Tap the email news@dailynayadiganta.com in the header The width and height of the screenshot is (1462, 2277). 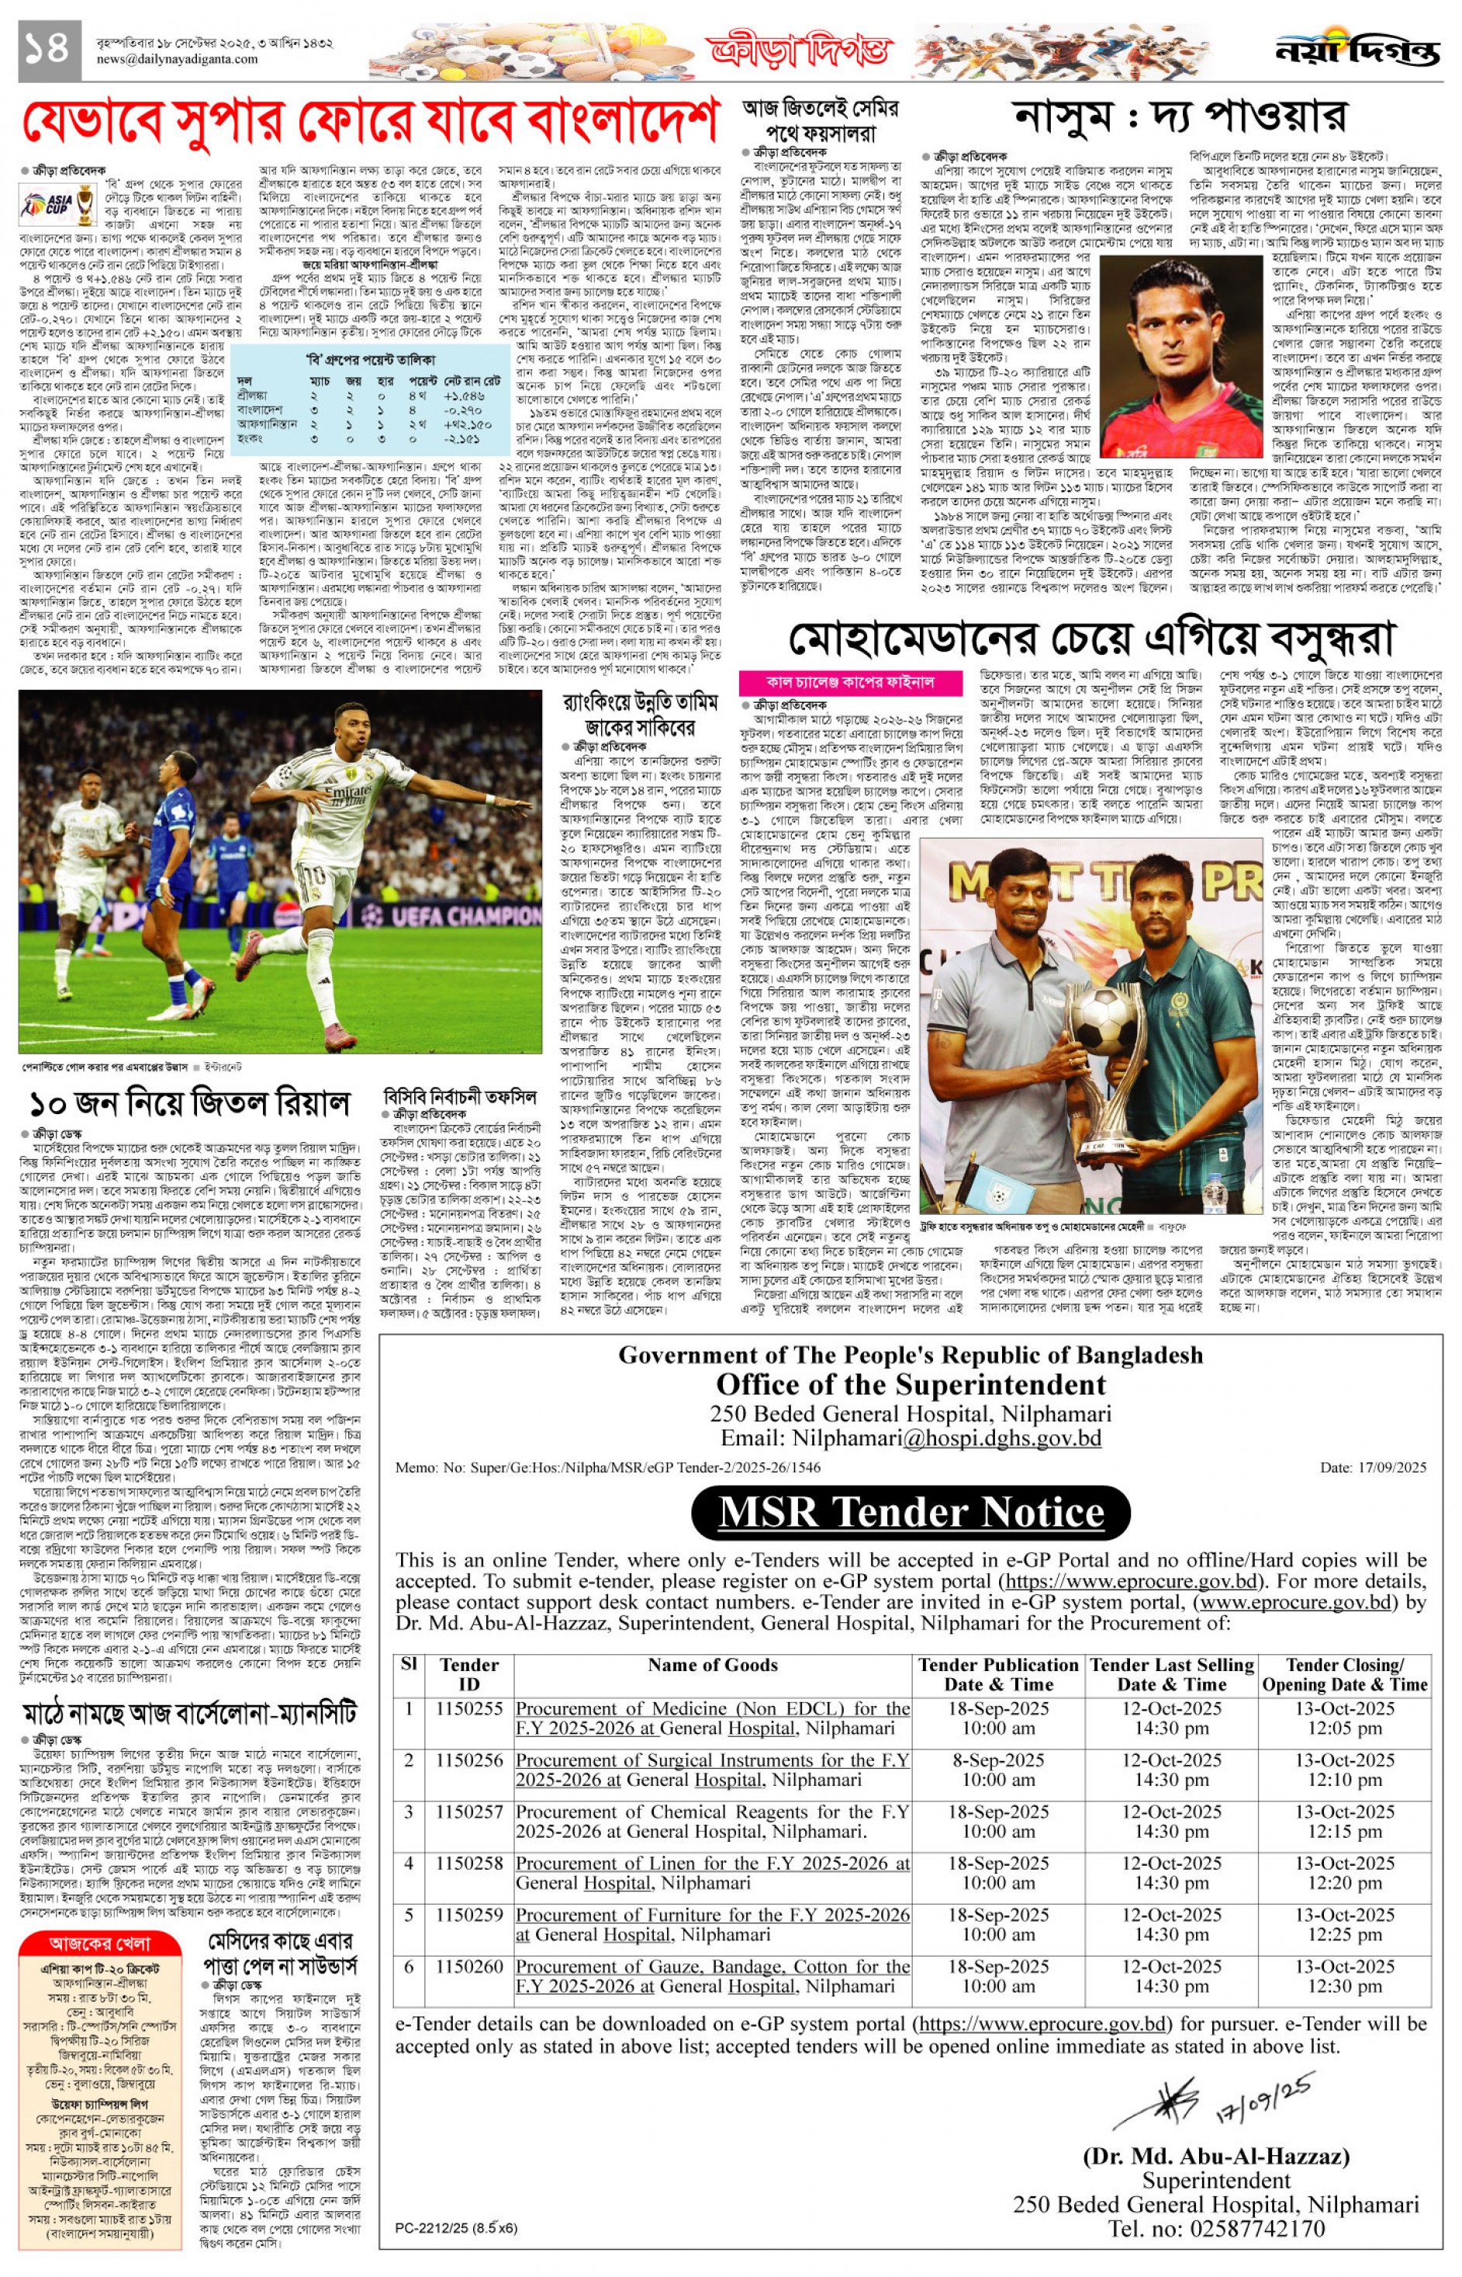[177, 59]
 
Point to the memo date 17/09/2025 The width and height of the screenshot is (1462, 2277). [1373, 1467]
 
